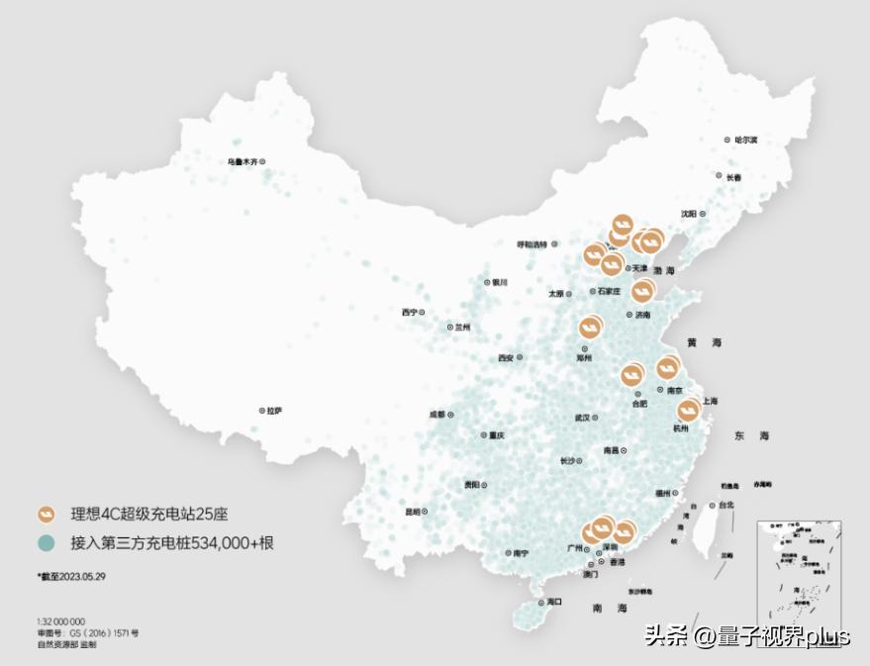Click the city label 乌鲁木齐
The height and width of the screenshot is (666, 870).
tap(242, 161)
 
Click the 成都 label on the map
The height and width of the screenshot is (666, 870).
tap(437, 414)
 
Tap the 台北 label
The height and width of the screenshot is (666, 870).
tap(726, 505)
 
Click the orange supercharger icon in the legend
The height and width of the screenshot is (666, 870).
tap(46, 515)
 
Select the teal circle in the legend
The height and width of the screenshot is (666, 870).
tap(46, 543)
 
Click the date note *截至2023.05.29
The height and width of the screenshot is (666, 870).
tap(71, 575)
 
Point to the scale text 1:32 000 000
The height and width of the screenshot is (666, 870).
tap(61, 621)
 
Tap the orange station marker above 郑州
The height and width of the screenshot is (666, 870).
tap(590, 326)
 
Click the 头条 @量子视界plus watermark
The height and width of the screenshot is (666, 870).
tap(747, 635)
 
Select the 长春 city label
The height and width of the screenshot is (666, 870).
tap(733, 177)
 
